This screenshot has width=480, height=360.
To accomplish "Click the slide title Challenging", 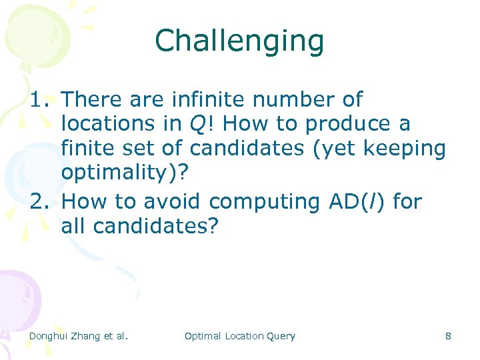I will pyautogui.click(x=239, y=41).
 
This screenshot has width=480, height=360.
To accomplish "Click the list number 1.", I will pyautogui.click(x=39, y=100).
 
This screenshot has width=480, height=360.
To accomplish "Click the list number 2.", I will pyautogui.click(x=39, y=201).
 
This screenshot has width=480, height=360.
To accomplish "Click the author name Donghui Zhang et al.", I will pyautogui.click(x=78, y=336).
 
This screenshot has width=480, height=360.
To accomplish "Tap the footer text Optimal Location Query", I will pyautogui.click(x=239, y=336).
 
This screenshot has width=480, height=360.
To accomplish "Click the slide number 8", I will pyautogui.click(x=448, y=336).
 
